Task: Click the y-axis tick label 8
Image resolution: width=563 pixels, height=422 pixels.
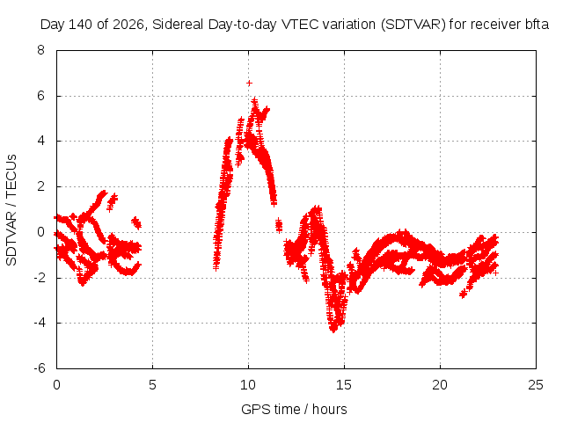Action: click(x=41, y=50)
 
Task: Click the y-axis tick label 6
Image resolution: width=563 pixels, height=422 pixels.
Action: click(x=41, y=96)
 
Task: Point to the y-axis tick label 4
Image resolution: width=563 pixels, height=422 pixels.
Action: click(x=41, y=141)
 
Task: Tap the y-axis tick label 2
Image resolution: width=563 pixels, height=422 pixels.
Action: click(x=41, y=186)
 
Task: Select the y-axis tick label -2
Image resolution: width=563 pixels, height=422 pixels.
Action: click(x=40, y=278)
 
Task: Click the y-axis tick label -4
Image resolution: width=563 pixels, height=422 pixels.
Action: click(x=40, y=323)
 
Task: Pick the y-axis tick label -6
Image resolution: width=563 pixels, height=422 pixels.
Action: click(x=40, y=368)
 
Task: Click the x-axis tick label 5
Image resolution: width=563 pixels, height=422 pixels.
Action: click(x=152, y=385)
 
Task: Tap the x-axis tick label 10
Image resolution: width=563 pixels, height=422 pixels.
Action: click(x=248, y=385)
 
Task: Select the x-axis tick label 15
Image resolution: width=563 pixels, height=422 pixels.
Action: click(x=344, y=385)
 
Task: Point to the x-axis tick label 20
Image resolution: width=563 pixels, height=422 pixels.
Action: click(x=440, y=385)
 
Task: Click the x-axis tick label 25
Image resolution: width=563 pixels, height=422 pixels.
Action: click(x=536, y=385)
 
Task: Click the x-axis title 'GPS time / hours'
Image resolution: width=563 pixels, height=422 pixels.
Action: click(x=294, y=409)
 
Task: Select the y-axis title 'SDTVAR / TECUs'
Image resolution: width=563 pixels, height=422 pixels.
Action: click(x=11, y=210)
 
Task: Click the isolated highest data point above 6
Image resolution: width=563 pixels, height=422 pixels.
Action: click(x=249, y=84)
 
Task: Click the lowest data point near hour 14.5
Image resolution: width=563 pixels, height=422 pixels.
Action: click(x=333, y=331)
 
